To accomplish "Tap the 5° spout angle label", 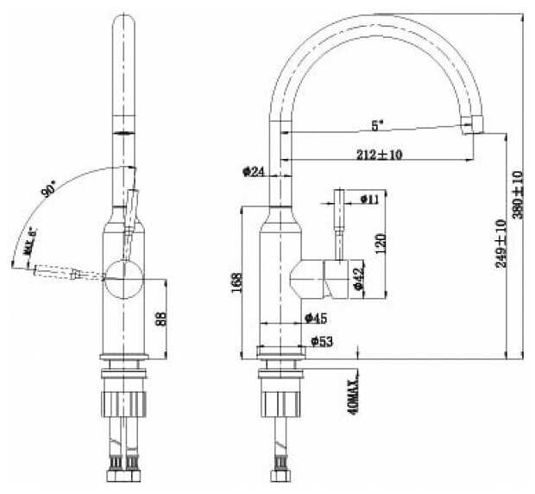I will [376, 125].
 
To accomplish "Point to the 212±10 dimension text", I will [379, 155].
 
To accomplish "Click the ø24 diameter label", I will [253, 171].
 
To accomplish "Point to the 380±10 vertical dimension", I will [517, 193].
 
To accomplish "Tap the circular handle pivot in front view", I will [124, 277].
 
